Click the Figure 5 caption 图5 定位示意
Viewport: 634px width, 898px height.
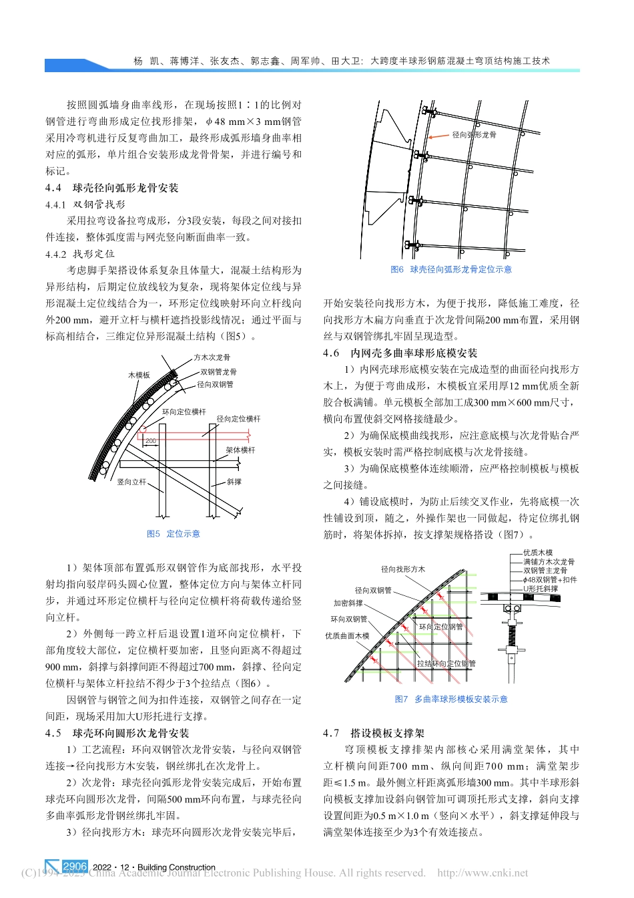[x=173, y=534]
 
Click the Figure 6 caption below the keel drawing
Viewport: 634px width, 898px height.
[x=451, y=269]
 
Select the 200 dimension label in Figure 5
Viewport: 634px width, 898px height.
[x=151, y=441]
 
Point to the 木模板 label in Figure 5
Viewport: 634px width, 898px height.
[x=139, y=376]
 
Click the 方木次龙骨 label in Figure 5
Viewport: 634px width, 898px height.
[x=212, y=358]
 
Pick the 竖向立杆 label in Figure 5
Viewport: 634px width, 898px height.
[x=131, y=482]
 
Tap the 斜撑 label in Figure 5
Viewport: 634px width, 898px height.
[x=234, y=482]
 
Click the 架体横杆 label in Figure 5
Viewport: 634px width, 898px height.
[x=240, y=450]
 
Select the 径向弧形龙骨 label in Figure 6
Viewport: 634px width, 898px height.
[x=474, y=135]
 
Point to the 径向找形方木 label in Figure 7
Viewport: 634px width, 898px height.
[x=403, y=569]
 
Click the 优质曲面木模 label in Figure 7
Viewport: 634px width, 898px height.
[x=347, y=636]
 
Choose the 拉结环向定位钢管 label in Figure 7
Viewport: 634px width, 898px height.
[x=446, y=663]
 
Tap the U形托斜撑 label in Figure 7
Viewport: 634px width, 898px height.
[x=541, y=589]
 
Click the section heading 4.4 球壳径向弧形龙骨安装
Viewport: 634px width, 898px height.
[x=112, y=188]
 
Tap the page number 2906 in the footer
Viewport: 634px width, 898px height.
[x=75, y=867]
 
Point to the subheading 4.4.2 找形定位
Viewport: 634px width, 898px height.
[x=80, y=255]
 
